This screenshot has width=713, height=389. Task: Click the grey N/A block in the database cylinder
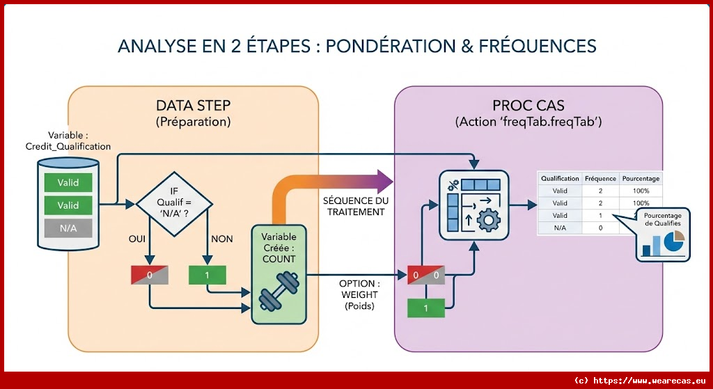tap(68, 228)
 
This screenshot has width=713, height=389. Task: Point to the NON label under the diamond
tap(221, 239)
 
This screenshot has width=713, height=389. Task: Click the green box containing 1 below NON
tap(207, 275)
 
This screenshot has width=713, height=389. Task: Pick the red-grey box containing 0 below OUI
tap(150, 275)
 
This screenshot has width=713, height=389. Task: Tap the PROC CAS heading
tap(528, 106)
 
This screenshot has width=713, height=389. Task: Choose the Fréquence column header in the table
tap(600, 178)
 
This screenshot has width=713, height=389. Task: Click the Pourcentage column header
tap(641, 178)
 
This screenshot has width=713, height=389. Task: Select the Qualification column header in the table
tap(560, 178)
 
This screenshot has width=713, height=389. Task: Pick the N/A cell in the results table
tap(560, 228)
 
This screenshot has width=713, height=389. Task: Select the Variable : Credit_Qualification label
tap(68, 140)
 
